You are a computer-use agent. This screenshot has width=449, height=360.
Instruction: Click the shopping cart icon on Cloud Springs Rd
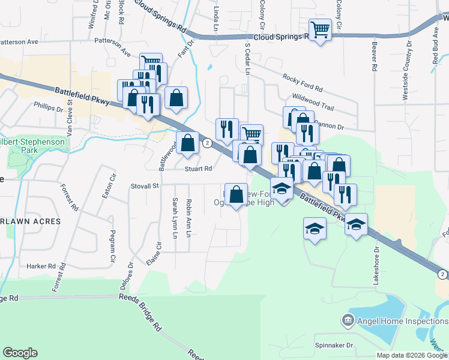point(320,29)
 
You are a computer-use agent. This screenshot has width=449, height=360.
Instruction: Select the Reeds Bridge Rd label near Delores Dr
point(140,308)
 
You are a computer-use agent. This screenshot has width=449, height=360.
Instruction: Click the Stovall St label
point(145,186)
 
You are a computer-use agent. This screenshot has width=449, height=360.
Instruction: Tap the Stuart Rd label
point(199,169)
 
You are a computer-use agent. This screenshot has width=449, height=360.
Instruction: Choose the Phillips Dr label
point(49,109)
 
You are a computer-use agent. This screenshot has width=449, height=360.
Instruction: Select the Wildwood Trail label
point(312,100)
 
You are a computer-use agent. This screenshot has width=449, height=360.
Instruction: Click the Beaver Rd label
point(373,58)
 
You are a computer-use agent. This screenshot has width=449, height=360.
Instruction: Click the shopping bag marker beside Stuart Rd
point(188,143)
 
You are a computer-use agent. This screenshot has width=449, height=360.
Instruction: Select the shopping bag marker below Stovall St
point(237,193)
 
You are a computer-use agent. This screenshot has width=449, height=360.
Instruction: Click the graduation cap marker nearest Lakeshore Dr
point(357,225)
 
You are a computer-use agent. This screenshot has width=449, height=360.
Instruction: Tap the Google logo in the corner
point(20,353)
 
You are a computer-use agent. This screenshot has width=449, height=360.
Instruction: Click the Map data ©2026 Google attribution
point(411,355)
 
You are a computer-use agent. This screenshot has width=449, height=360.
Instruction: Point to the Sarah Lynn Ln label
point(175,218)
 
